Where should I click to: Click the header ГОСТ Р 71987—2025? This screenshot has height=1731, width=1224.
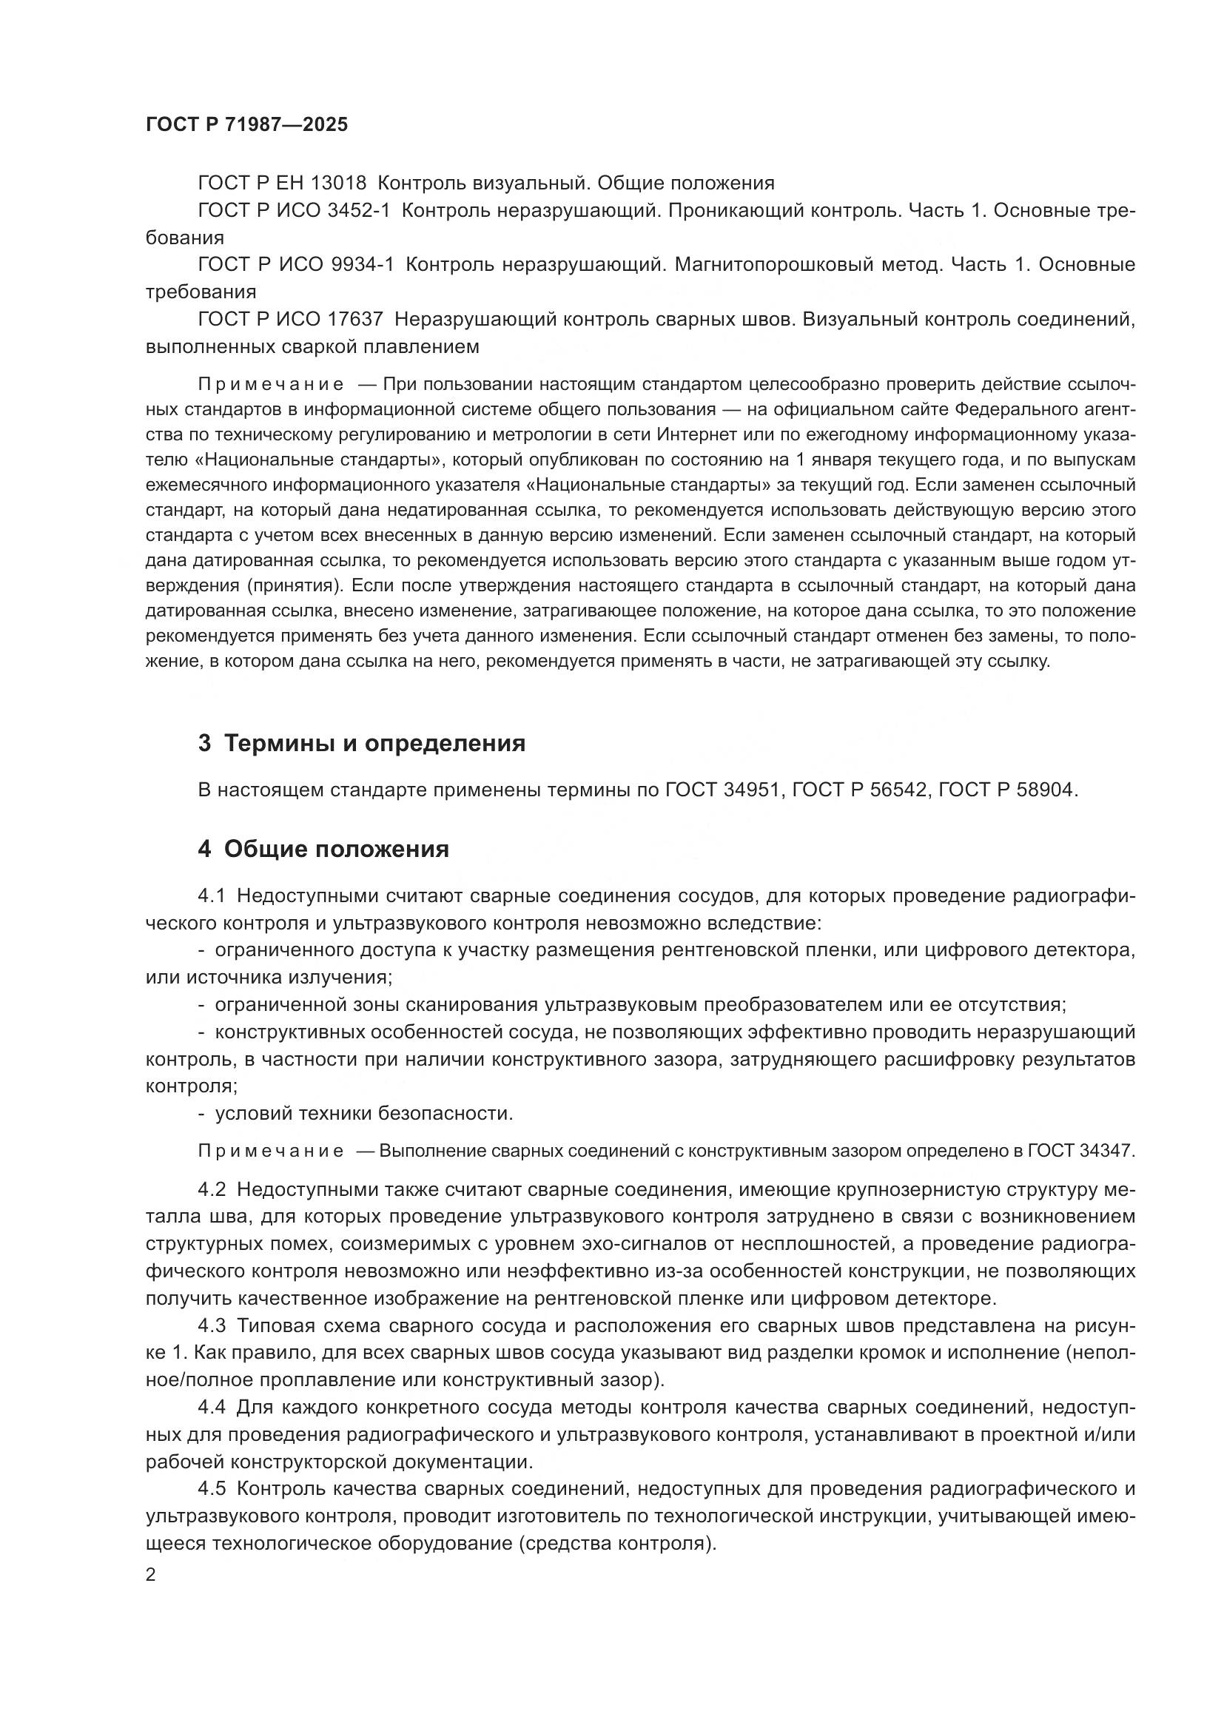(x=246, y=124)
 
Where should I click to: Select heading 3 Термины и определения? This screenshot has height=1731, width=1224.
(x=362, y=743)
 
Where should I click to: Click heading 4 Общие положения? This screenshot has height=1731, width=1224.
(x=323, y=849)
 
